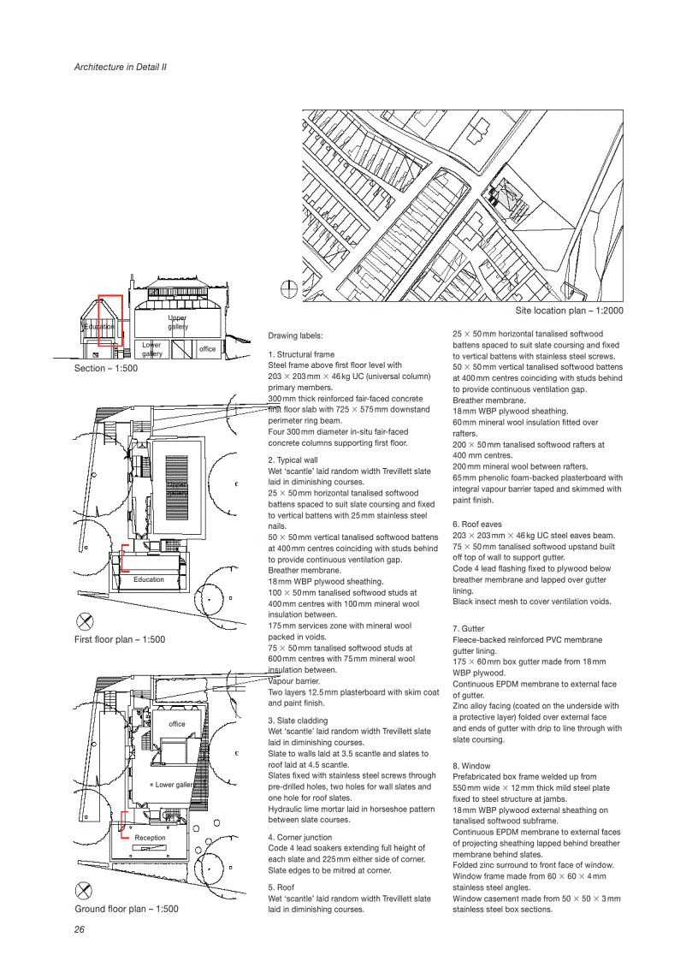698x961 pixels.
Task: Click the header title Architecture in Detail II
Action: click(x=120, y=66)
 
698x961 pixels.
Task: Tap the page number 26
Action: click(x=80, y=929)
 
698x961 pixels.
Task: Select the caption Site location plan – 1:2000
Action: click(x=569, y=311)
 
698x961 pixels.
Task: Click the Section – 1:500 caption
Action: click(x=105, y=369)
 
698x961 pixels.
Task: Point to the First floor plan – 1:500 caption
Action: click(x=120, y=639)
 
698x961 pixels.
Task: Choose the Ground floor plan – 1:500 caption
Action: click(x=126, y=909)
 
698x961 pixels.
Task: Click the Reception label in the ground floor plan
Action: click(x=150, y=838)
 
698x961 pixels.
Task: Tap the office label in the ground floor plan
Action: click(x=176, y=724)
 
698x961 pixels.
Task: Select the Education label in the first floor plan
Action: click(x=148, y=579)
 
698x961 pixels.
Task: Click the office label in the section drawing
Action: click(x=207, y=349)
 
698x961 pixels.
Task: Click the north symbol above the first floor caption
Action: click(x=84, y=621)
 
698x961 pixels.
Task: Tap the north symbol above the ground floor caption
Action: click(x=84, y=890)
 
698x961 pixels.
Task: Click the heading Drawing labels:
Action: click(x=295, y=335)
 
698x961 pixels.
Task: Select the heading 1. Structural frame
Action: click(x=301, y=354)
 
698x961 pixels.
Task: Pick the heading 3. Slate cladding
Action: click(x=298, y=721)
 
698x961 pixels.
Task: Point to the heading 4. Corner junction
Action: click(x=300, y=837)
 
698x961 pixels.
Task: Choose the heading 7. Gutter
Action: click(x=468, y=629)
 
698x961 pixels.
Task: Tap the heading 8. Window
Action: click(x=471, y=765)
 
